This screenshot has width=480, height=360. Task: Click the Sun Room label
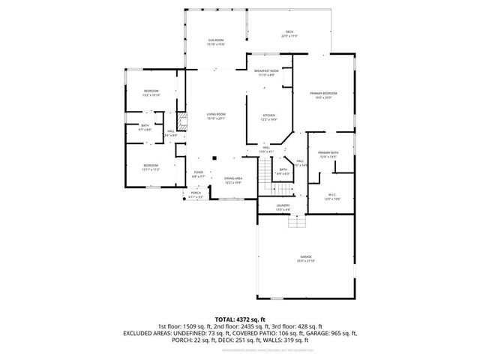point(216,43)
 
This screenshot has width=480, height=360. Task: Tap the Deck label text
point(289,34)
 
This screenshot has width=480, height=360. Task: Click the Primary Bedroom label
point(323,94)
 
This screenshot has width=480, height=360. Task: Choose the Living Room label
point(216,116)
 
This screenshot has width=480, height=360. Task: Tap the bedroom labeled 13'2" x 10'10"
point(151,93)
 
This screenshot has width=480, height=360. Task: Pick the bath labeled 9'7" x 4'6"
point(145,128)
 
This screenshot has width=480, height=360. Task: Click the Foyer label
point(199,174)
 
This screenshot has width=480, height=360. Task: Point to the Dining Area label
point(233,180)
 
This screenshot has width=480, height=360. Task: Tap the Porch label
point(196,194)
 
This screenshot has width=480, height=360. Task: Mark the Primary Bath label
point(328,154)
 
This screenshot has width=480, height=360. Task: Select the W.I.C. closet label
point(331,197)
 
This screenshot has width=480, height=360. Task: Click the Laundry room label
point(283,207)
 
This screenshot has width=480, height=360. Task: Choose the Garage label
point(306,258)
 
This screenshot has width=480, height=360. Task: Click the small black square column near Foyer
point(214,158)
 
